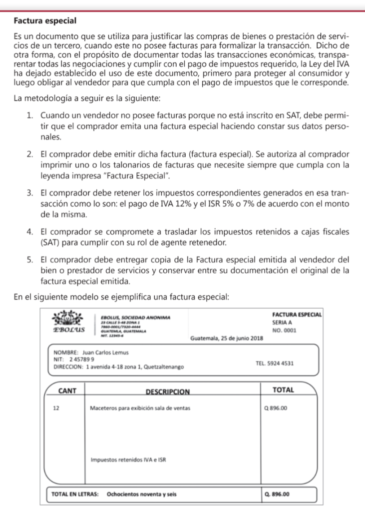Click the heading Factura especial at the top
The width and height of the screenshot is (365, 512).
(x=45, y=21)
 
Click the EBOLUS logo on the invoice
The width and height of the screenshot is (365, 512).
(x=68, y=322)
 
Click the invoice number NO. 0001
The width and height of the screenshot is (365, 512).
(x=285, y=330)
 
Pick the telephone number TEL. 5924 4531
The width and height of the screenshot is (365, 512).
(x=274, y=363)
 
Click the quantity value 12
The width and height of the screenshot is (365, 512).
(x=56, y=408)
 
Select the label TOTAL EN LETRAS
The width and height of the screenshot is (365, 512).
(x=75, y=494)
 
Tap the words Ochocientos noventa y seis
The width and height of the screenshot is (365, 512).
(x=142, y=494)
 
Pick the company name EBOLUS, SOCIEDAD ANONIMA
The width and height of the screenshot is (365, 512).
(x=135, y=317)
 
